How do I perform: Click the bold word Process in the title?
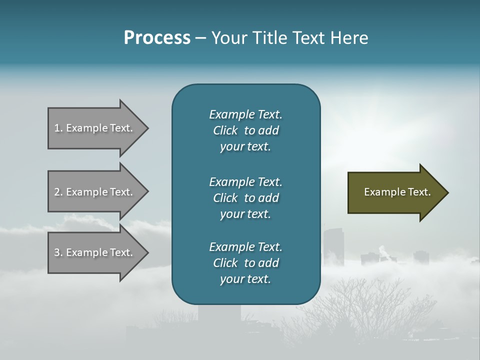(157, 38)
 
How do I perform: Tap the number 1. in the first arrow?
(58, 128)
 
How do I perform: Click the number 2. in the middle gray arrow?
(58, 192)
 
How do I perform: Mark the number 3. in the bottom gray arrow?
(58, 252)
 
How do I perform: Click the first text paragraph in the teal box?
(245, 130)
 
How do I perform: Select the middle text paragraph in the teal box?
(245, 198)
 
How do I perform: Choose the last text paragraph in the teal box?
(245, 263)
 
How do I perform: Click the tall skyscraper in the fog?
(333, 247)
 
